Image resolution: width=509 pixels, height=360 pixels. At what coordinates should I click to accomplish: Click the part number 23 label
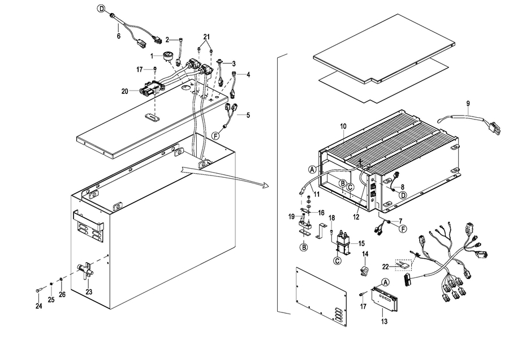tap(89, 292)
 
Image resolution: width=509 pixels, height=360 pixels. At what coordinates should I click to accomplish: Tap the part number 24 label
tap(39, 306)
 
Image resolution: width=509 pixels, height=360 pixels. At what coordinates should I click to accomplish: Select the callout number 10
tap(343, 126)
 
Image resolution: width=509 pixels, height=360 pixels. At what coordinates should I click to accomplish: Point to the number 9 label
tap(468, 104)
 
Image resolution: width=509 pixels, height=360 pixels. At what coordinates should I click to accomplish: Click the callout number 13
tap(385, 322)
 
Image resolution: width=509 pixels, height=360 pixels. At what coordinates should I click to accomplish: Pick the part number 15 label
tap(361, 243)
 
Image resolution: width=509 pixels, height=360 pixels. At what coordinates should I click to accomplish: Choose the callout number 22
tap(385, 267)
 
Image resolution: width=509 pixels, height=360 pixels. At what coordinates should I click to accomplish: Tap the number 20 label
tap(125, 92)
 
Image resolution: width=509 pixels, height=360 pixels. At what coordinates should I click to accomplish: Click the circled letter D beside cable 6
tap(102, 8)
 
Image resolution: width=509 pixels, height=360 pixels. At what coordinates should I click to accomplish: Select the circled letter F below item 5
tap(215, 136)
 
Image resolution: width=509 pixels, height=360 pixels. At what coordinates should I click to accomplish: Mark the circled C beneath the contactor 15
tap(338, 260)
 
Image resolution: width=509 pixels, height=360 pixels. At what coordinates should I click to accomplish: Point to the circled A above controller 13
tap(385, 282)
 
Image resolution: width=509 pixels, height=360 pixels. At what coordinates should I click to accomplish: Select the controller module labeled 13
tap(385, 299)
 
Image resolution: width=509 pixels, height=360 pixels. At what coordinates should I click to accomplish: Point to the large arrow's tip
tap(269, 186)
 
